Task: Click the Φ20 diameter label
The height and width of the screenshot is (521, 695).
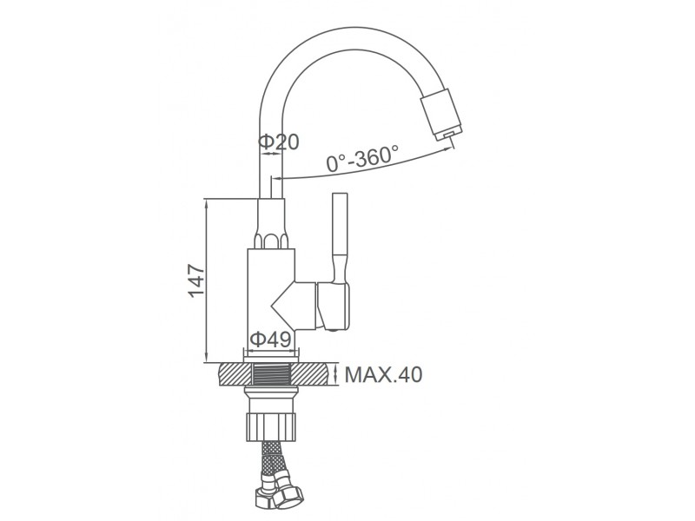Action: (x=279, y=142)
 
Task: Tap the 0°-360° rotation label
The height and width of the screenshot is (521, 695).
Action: (x=362, y=158)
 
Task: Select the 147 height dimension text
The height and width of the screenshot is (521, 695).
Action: (x=196, y=280)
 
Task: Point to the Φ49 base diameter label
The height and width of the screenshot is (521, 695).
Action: (x=270, y=340)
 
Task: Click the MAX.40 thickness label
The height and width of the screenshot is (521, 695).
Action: (x=383, y=375)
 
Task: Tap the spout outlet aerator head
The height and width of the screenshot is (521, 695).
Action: (x=442, y=115)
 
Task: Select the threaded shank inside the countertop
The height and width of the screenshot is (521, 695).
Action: (x=270, y=374)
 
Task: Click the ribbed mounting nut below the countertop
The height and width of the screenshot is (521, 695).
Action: (x=270, y=426)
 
